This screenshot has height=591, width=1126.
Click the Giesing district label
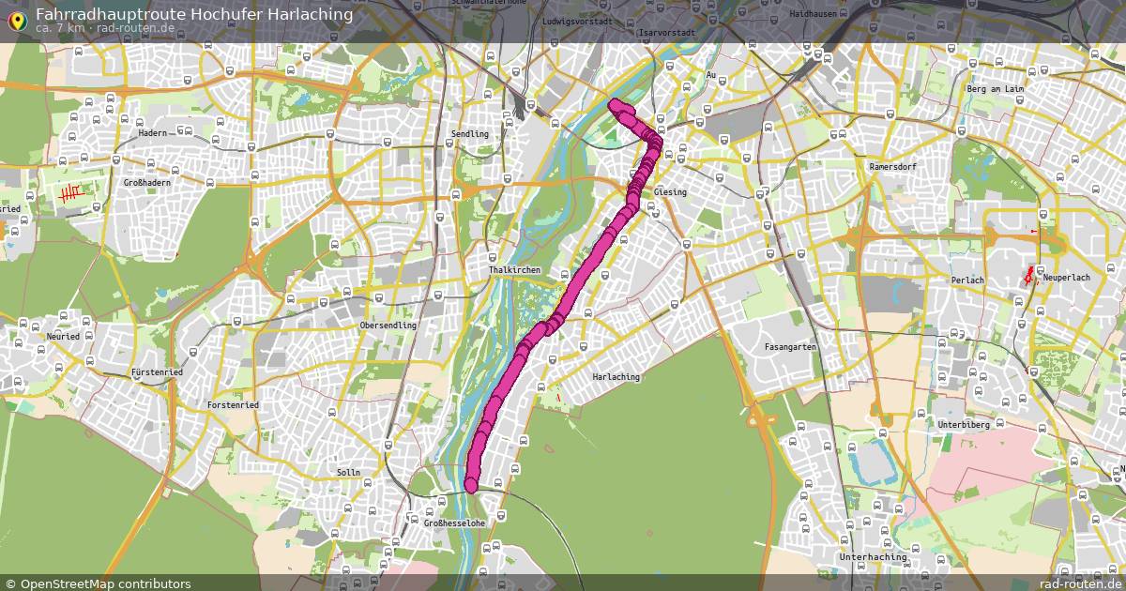pos(670,192)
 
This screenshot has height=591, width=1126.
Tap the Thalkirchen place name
pos(513,270)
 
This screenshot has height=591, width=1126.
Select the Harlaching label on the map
pos(616,377)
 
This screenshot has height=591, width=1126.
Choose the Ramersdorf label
pos(891,166)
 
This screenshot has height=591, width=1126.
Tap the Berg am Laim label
pos(995,88)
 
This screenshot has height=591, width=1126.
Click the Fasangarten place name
pos(790,347)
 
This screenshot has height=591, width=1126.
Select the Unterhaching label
pos(873,557)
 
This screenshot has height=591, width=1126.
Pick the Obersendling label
pos(388,326)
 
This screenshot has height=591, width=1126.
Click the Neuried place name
pos(62,336)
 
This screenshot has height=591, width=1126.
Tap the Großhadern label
pos(147,183)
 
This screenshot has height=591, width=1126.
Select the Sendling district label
pos(469,134)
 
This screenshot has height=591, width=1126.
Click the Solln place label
pos(348,472)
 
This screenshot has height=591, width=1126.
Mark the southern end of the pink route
pos(471,485)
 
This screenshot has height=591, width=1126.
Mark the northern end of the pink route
pos(615,103)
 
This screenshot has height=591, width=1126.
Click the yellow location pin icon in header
pos(16,17)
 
